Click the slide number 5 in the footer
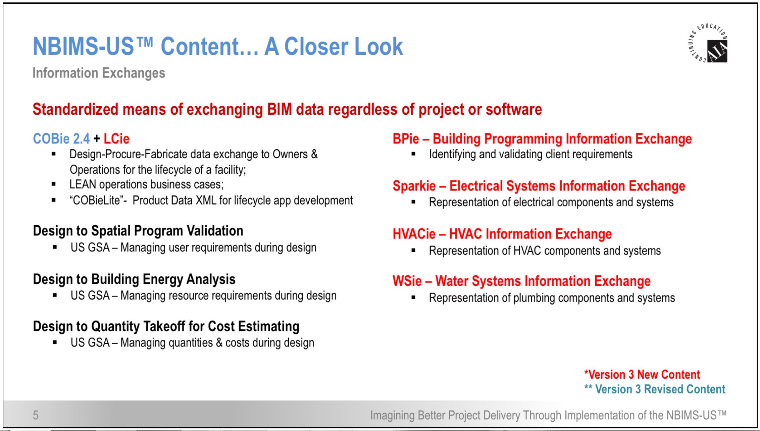(x=36, y=415)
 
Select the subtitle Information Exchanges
(x=99, y=73)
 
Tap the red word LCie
(x=116, y=139)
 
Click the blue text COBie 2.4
(x=61, y=139)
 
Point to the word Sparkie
(x=414, y=186)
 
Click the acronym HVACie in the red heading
(x=414, y=234)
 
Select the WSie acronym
(x=407, y=281)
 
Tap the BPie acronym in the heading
(x=406, y=139)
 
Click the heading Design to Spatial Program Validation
(x=138, y=231)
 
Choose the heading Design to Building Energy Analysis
(x=134, y=279)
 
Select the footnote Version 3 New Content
(x=642, y=374)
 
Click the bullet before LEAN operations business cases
(x=54, y=184)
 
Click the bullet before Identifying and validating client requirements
(x=413, y=154)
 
